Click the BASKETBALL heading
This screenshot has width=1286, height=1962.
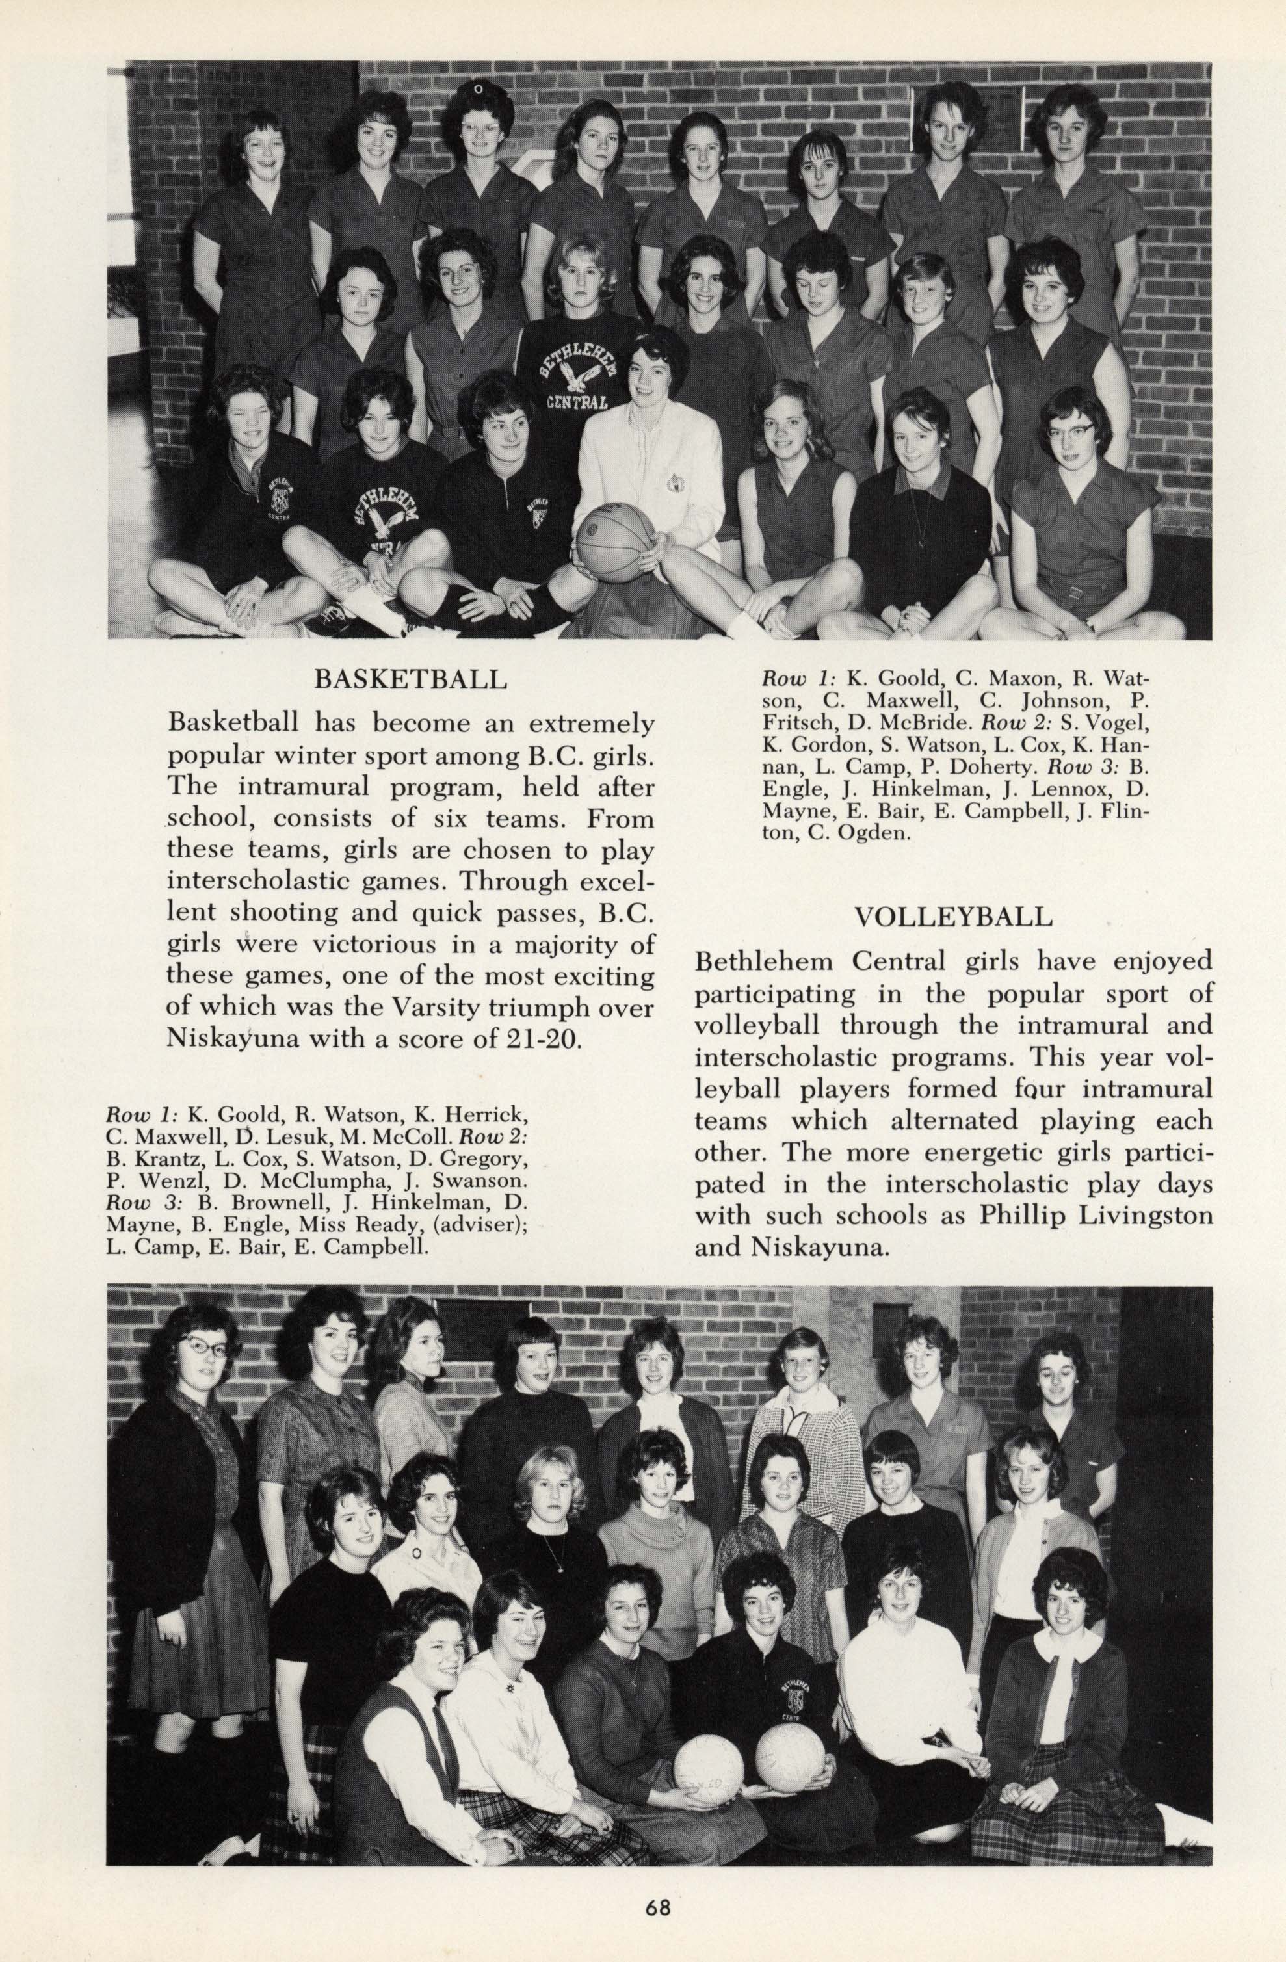coord(410,679)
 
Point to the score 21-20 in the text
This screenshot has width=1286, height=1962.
coord(547,1036)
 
